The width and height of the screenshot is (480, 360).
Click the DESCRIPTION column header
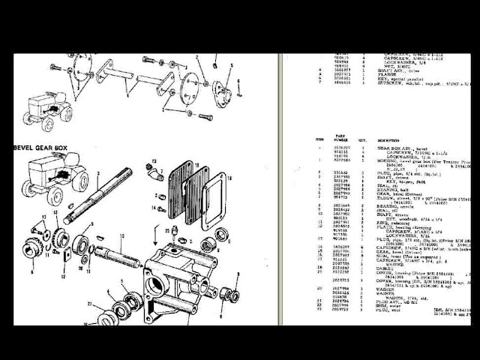coord(389,140)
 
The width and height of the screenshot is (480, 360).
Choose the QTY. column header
coord(364,140)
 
